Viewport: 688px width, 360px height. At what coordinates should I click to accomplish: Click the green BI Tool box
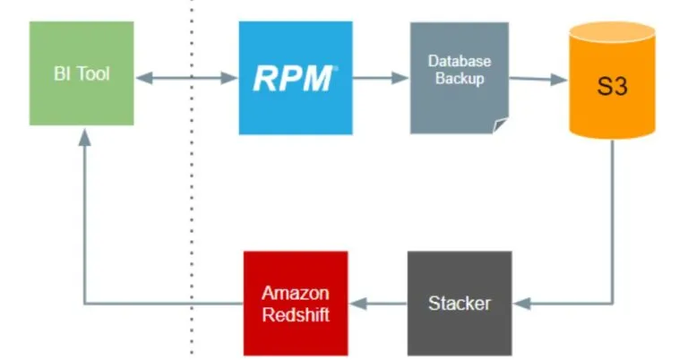(x=82, y=73)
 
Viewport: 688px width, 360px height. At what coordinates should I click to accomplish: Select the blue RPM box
(x=295, y=78)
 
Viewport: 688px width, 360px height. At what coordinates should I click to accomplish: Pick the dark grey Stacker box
(x=459, y=303)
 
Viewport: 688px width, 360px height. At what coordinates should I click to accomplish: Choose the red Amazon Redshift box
(x=296, y=303)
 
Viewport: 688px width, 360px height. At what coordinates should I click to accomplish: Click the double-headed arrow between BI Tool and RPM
(x=186, y=79)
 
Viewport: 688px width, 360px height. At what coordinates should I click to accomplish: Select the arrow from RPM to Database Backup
(x=381, y=78)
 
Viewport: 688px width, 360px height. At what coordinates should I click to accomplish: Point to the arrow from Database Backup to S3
(x=537, y=79)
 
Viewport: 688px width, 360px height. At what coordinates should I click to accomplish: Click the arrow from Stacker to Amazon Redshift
(x=377, y=304)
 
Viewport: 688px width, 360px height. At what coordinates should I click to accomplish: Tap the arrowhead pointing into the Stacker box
(x=521, y=304)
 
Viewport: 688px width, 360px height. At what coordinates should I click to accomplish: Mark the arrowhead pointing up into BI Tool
(x=83, y=136)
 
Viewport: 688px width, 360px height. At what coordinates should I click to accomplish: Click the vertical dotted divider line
(x=192, y=224)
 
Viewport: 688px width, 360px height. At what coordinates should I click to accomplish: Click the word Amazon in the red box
(x=296, y=294)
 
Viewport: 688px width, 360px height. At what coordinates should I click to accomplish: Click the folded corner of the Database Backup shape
(x=500, y=125)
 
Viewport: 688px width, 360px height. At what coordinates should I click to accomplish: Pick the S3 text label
(x=612, y=90)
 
